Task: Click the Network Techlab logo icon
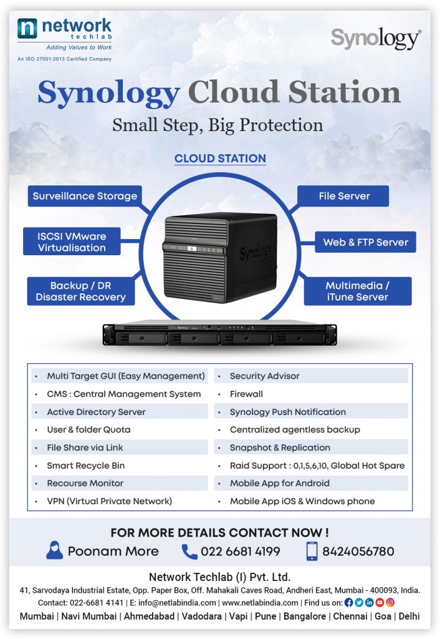(x=28, y=29)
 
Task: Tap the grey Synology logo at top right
(x=375, y=39)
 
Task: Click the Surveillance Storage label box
(x=85, y=196)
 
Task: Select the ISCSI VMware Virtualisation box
(x=72, y=241)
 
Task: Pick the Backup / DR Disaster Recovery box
(x=80, y=291)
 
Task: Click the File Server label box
(x=344, y=196)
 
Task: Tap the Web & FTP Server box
(x=365, y=242)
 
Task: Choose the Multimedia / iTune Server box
(x=358, y=291)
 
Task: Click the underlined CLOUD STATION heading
(x=220, y=159)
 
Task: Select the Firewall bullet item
(x=246, y=394)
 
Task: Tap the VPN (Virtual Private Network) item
(x=109, y=501)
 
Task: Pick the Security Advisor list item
(x=264, y=376)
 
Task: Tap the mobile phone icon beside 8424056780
(x=312, y=551)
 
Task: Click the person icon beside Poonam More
(x=55, y=550)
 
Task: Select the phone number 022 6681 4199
(x=240, y=552)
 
